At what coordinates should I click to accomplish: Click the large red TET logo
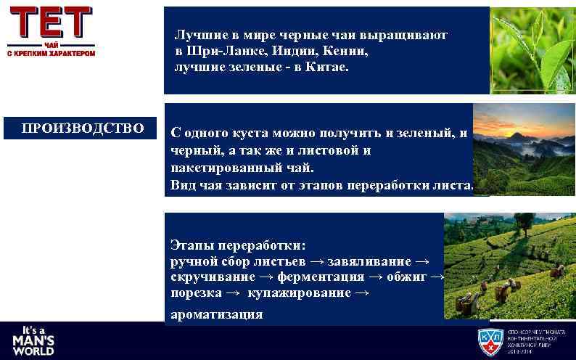pyautogui.click(x=52, y=22)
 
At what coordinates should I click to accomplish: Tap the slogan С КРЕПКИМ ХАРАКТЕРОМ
pyautogui.click(x=52, y=54)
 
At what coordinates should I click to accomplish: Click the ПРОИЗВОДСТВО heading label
pyautogui.click(x=82, y=128)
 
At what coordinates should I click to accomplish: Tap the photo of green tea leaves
pyautogui.click(x=532, y=51)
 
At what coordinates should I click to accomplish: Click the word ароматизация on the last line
pyautogui.click(x=216, y=314)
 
